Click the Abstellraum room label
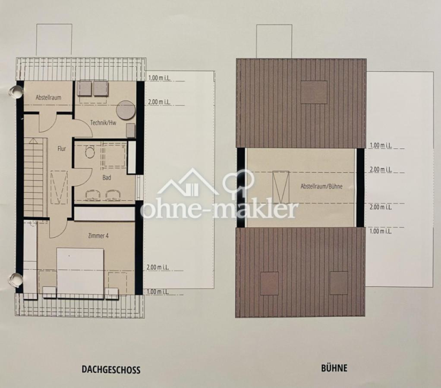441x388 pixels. pyautogui.click(x=48, y=97)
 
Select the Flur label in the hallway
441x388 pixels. pyautogui.click(x=62, y=148)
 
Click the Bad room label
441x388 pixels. pyautogui.click(x=107, y=178)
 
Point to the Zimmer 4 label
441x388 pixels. pyautogui.click(x=98, y=236)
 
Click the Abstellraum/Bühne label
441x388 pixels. pyautogui.click(x=321, y=186)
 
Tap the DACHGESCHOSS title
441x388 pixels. pyautogui.click(x=111, y=369)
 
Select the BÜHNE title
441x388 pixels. pyautogui.click(x=334, y=368)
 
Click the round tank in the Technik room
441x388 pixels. pyautogui.click(x=126, y=110)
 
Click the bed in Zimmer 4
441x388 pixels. pyautogui.click(x=80, y=271)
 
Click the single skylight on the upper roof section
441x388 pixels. pyautogui.click(x=314, y=92)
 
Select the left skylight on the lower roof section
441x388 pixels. pyautogui.click(x=269, y=283)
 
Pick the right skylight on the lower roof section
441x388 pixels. pyautogui.click(x=339, y=283)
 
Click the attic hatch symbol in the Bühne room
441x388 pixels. pyautogui.click(x=280, y=187)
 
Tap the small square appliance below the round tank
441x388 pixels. pyautogui.click(x=130, y=130)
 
